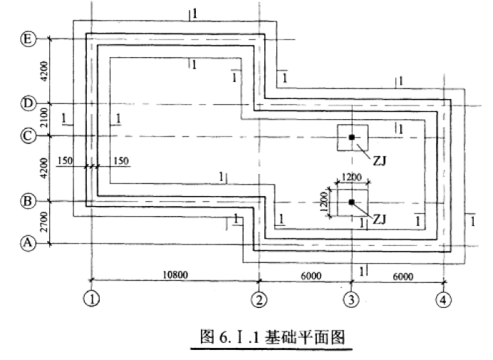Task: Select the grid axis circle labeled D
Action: (28, 104)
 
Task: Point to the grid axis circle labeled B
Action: (28, 202)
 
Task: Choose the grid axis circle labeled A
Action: (28, 244)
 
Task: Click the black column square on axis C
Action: (351, 137)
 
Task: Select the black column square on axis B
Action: (351, 202)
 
